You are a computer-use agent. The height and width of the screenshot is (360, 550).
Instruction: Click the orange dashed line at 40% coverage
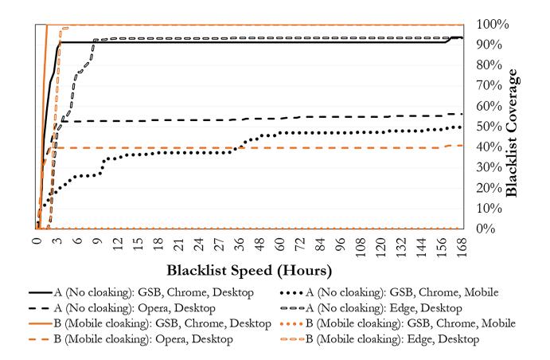coord(159,147)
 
